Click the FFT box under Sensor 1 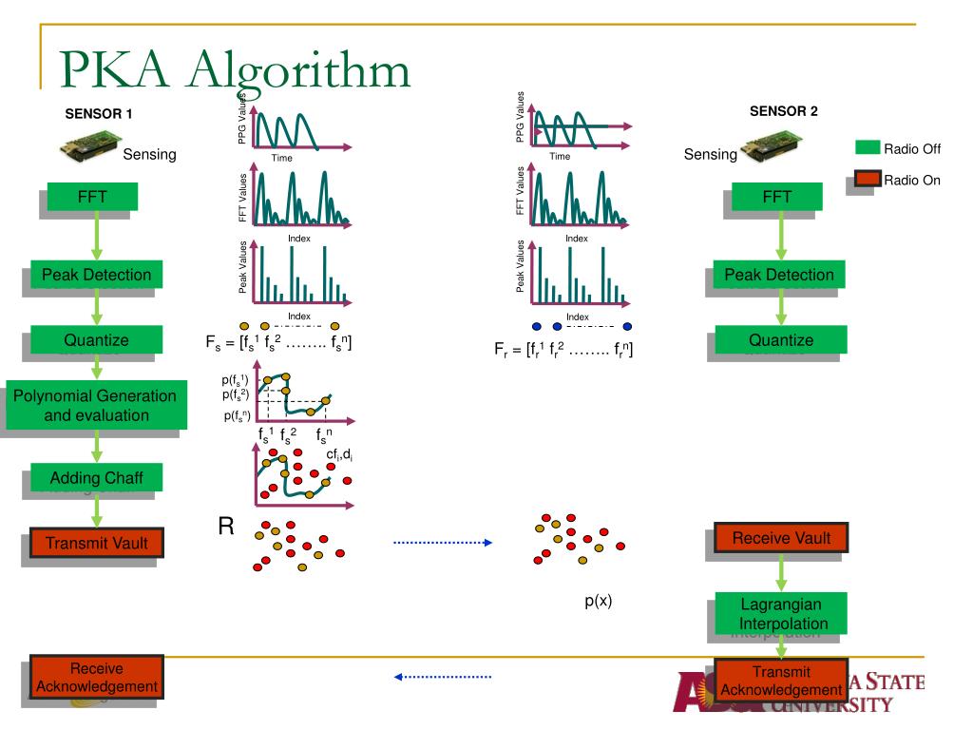point(92,197)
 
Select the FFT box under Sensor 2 point(776,197)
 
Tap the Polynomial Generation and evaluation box point(94,406)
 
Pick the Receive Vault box point(781,538)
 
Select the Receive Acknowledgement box point(96,677)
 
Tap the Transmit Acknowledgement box point(782,682)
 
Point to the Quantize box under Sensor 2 point(781,339)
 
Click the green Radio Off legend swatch point(868,147)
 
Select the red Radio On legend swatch point(868,180)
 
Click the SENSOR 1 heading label point(98,114)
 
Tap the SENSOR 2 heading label point(783,110)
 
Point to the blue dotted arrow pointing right point(443,543)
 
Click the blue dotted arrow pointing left point(443,677)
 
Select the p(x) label point(598,602)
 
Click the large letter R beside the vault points point(226,526)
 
